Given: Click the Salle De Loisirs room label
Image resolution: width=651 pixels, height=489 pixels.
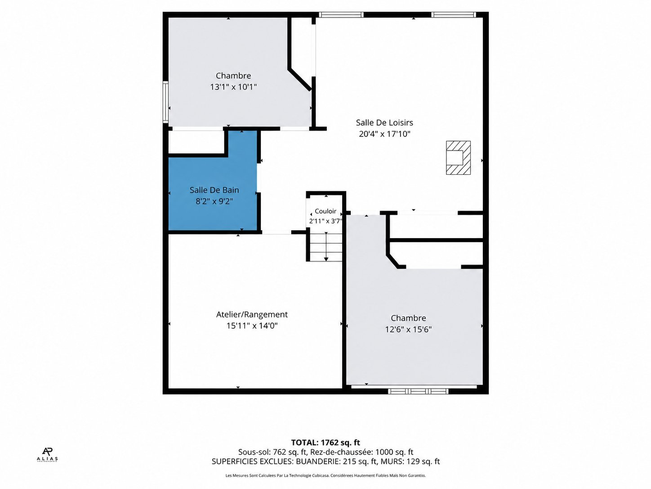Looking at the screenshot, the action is [384, 122].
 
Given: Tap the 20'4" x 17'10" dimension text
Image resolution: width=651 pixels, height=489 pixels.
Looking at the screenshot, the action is [384, 134].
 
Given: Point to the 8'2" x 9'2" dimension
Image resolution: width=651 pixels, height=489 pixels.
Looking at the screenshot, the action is [214, 201].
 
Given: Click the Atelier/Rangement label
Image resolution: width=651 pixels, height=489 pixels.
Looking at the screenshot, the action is [252, 314].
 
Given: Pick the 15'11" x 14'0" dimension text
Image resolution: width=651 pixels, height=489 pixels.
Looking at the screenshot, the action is [252, 326].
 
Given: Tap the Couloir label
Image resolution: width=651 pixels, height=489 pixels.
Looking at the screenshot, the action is [325, 211].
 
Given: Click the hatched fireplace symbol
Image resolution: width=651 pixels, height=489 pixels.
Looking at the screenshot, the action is [458, 158].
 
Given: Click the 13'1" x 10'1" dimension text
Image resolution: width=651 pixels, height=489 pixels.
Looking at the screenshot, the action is [233, 87].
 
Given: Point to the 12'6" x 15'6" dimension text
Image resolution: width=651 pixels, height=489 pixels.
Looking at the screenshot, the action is [408, 329].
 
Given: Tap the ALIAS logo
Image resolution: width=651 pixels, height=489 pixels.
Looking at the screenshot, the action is [47, 455].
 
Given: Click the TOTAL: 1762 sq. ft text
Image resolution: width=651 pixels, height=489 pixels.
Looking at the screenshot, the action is [325, 442].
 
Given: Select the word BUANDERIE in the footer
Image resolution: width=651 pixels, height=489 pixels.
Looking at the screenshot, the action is [318, 462].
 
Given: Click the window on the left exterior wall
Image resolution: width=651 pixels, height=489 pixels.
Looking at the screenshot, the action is [165, 102].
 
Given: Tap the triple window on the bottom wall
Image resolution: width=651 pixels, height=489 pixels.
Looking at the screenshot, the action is [418, 391].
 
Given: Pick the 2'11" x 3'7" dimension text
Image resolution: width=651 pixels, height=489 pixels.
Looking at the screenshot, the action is [325, 221].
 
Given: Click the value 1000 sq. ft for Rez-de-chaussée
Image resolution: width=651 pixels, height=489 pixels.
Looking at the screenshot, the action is [394, 452].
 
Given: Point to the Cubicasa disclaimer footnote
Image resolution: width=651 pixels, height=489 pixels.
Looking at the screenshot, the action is [325, 475].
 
